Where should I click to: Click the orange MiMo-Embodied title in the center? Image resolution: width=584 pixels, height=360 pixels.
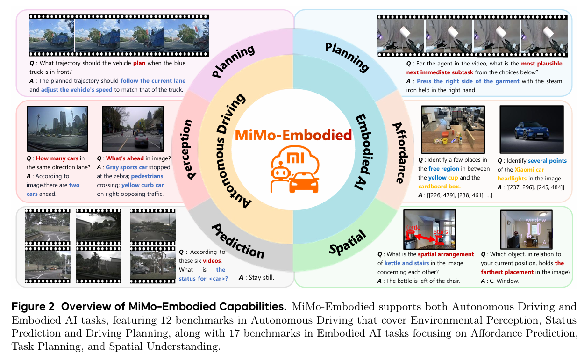pos(293,135)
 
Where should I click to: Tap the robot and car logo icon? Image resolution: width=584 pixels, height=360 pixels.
pos(293,171)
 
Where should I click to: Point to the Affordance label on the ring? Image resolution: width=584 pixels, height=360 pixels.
pos(398,152)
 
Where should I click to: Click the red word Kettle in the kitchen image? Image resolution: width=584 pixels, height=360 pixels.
pos(413,228)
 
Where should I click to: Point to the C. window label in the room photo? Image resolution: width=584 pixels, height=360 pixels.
pos(532,220)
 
